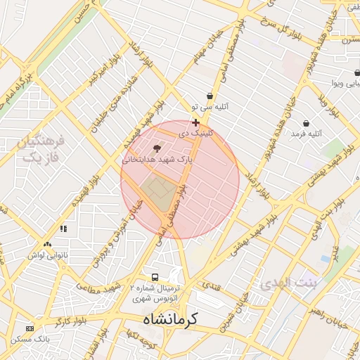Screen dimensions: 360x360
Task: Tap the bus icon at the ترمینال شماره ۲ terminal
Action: (154, 277)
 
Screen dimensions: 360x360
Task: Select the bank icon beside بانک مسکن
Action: (30, 328)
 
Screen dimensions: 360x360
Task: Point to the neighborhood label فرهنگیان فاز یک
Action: (43, 149)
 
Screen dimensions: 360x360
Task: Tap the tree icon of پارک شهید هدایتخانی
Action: (156, 148)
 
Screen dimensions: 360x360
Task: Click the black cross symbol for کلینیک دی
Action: (195, 122)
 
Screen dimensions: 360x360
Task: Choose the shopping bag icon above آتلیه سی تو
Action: (210, 96)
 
